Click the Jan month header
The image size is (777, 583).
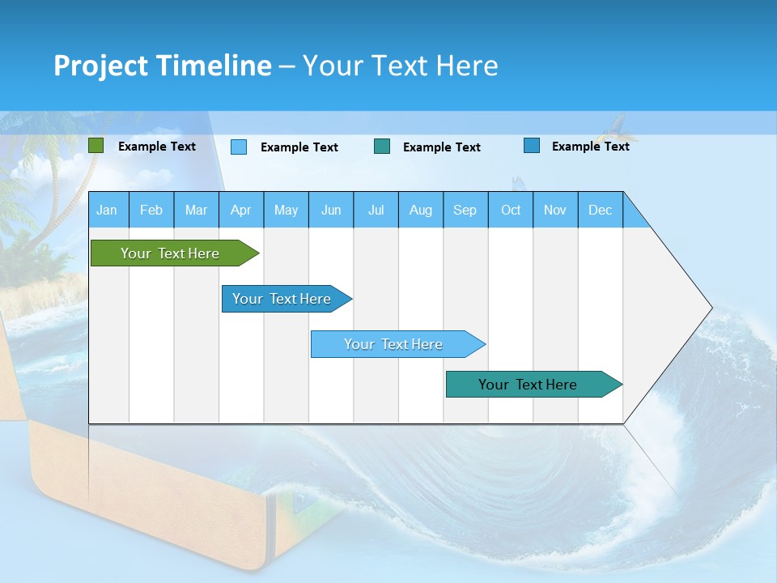107,211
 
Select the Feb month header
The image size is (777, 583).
151,211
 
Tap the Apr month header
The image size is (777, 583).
240,211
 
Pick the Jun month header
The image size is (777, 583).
331,211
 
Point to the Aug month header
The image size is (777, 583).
420,211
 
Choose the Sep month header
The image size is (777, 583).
465,211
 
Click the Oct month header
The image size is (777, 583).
511,211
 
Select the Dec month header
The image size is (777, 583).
600,211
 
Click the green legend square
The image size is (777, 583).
96,146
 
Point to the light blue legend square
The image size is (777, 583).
239,147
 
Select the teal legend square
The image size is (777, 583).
382,147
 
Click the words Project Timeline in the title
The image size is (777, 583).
162,66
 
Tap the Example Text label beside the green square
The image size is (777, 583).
157,147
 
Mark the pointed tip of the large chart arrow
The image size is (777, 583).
711,308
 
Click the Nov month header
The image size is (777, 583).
555,211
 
